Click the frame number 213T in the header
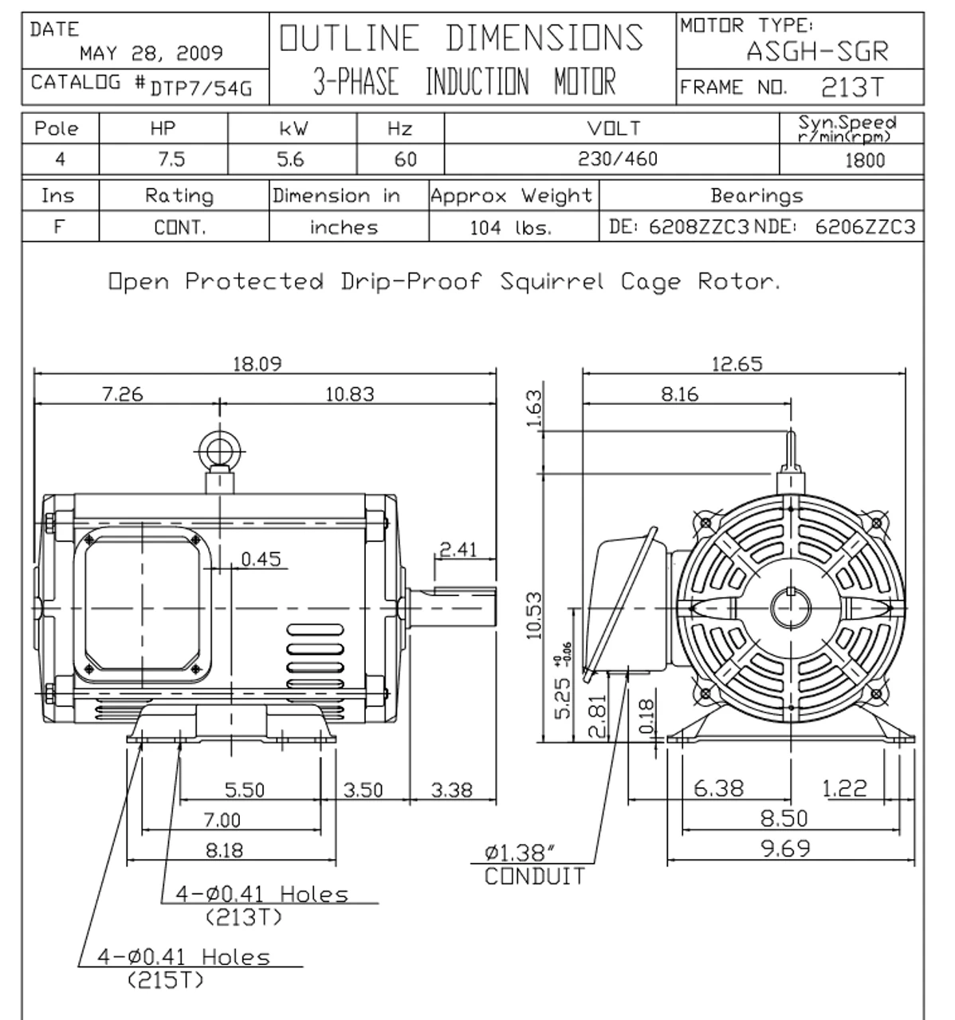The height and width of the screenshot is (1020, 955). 852,88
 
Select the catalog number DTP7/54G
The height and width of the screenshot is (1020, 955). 201,88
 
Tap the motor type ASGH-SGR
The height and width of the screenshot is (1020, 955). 817,51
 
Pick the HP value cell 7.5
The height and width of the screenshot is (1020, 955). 171,159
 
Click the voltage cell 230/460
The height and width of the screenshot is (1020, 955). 617,159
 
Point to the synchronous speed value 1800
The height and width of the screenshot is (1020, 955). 865,161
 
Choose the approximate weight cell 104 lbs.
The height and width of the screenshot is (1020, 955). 511,227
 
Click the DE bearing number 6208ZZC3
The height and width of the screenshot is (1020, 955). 698,226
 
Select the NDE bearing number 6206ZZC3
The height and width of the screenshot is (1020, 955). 865,226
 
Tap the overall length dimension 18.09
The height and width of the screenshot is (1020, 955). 257,363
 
